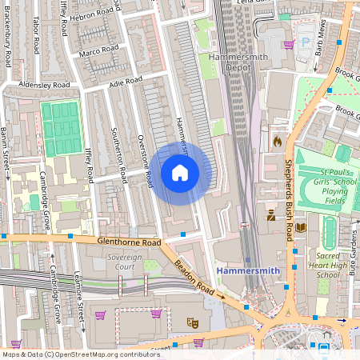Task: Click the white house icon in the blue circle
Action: [x=180, y=173]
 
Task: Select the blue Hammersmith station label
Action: [x=248, y=271]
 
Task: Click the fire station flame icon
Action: [x=278, y=141]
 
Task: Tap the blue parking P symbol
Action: [x=304, y=37]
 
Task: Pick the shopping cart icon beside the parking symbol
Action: [x=289, y=45]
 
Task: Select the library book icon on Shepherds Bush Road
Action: [x=301, y=228]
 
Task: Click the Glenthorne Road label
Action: [x=128, y=240]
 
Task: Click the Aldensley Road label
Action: [x=46, y=85]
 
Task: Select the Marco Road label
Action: [x=98, y=51]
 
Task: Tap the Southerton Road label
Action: [x=119, y=154]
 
